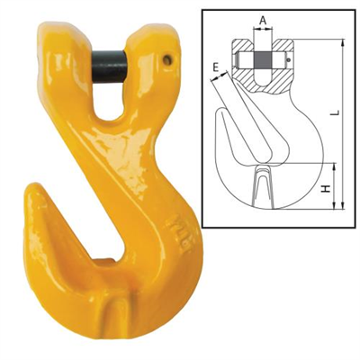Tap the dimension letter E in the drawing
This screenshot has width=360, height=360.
click(x=216, y=67)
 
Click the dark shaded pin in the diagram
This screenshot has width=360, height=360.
click(x=263, y=61)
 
